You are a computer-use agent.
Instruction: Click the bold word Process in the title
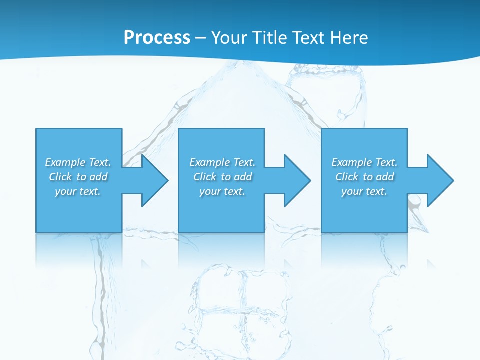click(157, 38)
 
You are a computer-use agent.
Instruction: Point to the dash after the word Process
click(200, 38)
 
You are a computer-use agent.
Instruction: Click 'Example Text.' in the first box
click(78, 162)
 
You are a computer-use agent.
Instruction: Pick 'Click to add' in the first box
click(78, 177)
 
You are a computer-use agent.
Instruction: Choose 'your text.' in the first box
click(78, 191)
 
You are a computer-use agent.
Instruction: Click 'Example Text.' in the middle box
click(222, 162)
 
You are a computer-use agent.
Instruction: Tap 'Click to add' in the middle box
click(222, 177)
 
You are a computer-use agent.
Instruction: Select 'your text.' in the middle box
click(222, 191)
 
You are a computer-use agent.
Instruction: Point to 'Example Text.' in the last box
click(364, 162)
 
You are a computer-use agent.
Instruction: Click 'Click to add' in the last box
click(364, 177)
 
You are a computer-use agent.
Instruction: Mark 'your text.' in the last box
click(364, 191)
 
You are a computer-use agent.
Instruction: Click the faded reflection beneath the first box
click(78, 250)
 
